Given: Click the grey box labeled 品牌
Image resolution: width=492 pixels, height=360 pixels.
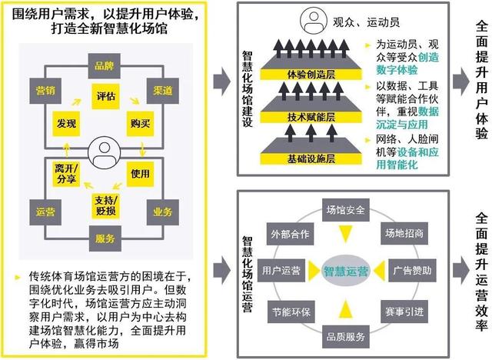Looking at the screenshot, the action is click(105, 66).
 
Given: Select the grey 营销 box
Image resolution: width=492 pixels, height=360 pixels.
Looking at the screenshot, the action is click(45, 91).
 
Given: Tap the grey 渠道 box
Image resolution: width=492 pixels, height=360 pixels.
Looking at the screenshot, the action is click(163, 91).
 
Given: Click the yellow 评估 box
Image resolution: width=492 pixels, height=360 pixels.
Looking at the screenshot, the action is click(105, 96).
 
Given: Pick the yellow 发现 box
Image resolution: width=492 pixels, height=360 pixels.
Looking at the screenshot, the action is click(66, 123).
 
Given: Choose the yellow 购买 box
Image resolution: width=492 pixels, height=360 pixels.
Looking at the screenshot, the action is click(140, 123).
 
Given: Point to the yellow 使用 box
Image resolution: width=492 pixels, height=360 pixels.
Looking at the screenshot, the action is click(140, 174).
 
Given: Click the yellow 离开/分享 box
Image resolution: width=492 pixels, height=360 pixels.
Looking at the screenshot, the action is click(66, 174).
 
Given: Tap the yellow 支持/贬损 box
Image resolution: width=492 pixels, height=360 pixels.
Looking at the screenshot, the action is click(105, 205).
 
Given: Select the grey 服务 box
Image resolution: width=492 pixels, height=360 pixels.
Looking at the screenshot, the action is click(105, 239).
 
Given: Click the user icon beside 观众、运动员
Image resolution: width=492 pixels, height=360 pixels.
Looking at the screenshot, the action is click(314, 21).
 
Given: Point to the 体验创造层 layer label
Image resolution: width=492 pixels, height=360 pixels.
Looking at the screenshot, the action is click(311, 75).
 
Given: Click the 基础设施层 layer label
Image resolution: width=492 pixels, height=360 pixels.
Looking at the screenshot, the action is click(311, 158).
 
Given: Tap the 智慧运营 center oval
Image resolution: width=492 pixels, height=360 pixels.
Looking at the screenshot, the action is click(345, 271).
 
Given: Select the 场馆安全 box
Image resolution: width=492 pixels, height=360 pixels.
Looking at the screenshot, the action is click(346, 210).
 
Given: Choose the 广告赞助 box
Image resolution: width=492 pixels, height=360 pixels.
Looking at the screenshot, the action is click(412, 271).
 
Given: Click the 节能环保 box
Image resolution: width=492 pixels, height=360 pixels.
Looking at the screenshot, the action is click(291, 312).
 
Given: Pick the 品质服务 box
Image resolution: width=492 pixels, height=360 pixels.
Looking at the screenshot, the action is click(346, 337).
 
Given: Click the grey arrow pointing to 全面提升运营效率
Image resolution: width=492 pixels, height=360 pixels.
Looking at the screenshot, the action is click(461, 271).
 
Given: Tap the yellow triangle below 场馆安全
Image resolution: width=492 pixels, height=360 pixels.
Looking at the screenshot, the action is click(346, 234).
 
